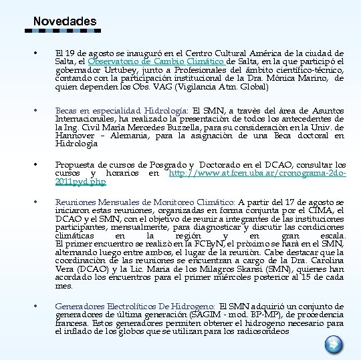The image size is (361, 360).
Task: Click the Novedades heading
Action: point(64,21)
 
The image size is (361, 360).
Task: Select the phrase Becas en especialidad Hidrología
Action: point(122,111)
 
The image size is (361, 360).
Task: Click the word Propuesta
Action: point(76,165)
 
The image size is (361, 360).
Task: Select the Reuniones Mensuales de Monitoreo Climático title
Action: point(145,202)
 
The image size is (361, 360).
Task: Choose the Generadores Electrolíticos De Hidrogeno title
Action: point(135,306)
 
